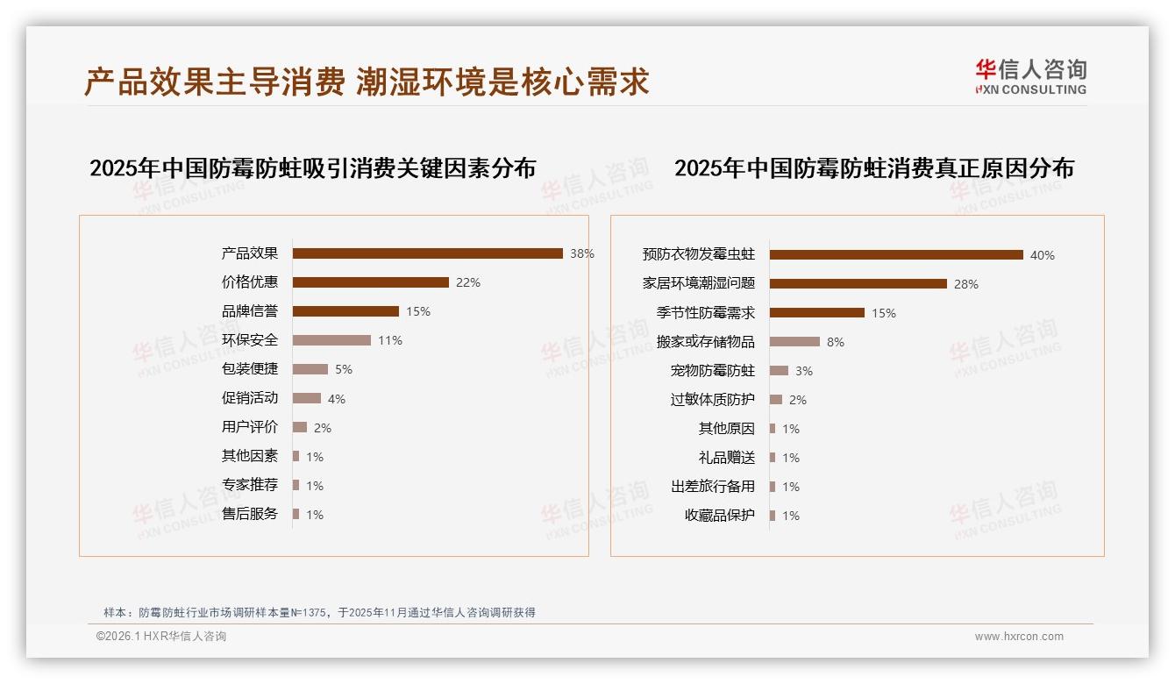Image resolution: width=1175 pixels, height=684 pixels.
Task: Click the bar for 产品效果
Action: click(x=427, y=253)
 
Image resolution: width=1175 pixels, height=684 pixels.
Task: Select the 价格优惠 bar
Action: click(x=370, y=282)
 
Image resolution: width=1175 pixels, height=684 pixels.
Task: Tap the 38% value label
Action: click(x=581, y=253)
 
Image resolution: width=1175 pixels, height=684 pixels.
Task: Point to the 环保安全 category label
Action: click(x=250, y=340)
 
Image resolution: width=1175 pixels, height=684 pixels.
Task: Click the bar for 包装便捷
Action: click(x=310, y=369)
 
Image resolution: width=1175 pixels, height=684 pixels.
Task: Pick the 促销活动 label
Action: click(x=250, y=398)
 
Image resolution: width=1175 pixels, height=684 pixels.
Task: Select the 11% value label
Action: click(x=389, y=340)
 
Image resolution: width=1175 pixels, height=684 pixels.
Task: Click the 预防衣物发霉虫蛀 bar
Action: click(x=896, y=255)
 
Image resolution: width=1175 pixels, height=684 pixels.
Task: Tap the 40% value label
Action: click(x=1042, y=255)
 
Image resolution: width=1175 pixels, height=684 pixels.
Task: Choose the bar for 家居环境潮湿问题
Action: click(x=858, y=284)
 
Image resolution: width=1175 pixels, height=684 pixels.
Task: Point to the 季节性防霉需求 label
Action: click(x=705, y=313)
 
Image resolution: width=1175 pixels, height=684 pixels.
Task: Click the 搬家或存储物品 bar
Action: click(x=794, y=342)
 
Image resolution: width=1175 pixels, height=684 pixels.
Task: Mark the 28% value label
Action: click(x=965, y=284)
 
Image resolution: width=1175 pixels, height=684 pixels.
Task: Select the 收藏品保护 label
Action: click(x=719, y=516)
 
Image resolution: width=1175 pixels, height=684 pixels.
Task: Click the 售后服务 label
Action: click(x=250, y=514)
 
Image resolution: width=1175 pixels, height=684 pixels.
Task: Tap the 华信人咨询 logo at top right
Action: click(x=1030, y=76)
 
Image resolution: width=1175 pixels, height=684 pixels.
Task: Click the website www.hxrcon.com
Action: click(x=1019, y=637)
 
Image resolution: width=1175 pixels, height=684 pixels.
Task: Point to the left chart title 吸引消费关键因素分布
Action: click(x=312, y=168)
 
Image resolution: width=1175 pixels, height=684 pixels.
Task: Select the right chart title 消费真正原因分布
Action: click(x=873, y=168)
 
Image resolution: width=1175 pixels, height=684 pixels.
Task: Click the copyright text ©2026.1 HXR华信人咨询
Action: click(x=160, y=637)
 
